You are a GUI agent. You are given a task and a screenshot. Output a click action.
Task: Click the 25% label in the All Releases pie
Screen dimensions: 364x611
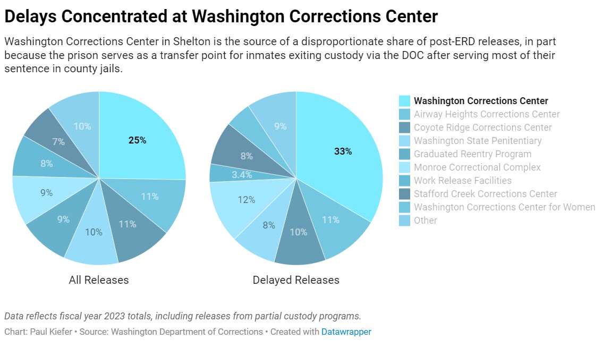click(137, 141)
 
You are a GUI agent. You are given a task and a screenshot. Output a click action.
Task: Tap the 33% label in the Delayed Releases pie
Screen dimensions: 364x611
click(343, 151)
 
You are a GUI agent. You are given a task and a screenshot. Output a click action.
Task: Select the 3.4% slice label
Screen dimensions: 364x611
click(242, 174)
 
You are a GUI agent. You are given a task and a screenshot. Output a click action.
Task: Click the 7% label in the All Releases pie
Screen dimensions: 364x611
click(58, 142)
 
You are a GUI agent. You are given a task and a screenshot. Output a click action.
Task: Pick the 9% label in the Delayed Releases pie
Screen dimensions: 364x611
click(281, 126)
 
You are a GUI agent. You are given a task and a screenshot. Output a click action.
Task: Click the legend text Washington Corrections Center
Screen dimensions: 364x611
click(481, 101)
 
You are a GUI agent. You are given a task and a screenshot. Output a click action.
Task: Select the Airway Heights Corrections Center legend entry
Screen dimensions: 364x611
click(487, 114)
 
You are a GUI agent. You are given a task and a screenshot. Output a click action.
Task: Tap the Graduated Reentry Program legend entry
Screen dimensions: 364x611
click(472, 154)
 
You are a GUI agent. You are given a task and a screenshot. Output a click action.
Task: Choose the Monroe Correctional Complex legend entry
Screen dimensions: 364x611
click(477, 167)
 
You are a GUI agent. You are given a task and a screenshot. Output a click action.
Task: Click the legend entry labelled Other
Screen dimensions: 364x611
click(426, 221)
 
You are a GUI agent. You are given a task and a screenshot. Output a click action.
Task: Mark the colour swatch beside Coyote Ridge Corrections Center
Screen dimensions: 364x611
click(404, 128)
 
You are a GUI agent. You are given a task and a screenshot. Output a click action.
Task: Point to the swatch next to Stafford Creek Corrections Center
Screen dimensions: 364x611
click(404, 194)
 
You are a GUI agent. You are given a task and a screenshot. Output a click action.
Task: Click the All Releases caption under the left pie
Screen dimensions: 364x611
click(99, 280)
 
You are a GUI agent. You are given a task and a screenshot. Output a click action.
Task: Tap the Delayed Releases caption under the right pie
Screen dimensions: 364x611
click(296, 280)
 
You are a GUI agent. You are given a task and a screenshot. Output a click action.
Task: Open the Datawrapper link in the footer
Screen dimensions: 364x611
click(346, 332)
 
